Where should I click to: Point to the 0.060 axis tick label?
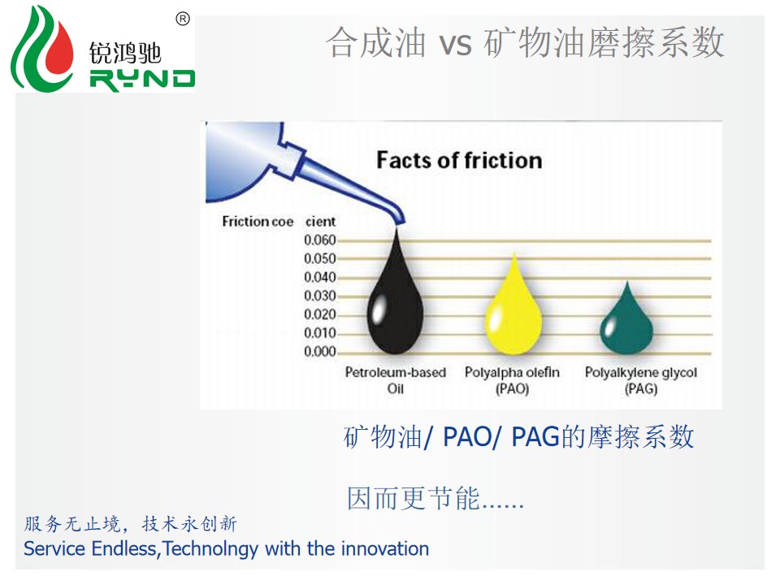pos(320,240)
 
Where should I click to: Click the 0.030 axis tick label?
pos(320,296)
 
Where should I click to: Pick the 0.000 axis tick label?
pos(320,352)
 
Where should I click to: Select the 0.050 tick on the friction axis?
pos(320,258)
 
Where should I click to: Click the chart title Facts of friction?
pos(459,160)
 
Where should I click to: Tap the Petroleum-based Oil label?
pos(396,380)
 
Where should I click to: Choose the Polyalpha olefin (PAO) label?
pos(513,380)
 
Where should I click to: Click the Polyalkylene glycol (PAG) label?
pos(641,380)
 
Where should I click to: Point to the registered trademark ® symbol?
pos(183,19)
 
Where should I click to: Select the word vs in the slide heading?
pos(455,44)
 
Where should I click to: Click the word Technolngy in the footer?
pos(210,548)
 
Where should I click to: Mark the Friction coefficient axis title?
pos(279,221)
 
